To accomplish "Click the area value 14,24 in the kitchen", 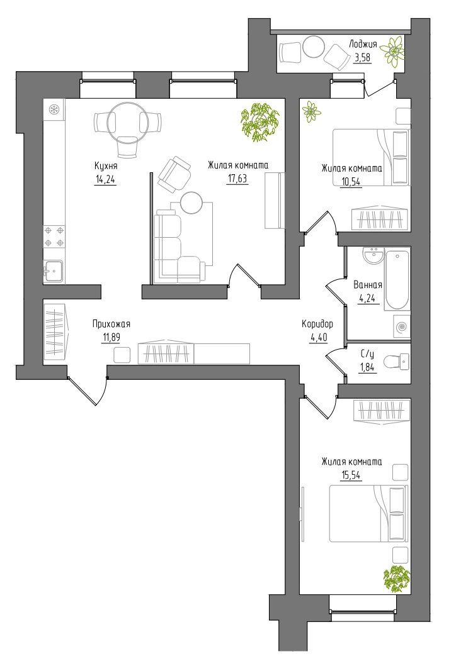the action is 105,180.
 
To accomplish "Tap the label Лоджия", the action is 363,43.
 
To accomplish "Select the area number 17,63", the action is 237,179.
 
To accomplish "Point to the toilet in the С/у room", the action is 397,362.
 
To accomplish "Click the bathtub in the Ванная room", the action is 397,281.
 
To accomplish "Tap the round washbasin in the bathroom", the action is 373,256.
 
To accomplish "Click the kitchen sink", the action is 54,271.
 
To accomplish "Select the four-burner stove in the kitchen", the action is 54,236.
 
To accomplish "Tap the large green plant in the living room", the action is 259,122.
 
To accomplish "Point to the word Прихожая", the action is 111,324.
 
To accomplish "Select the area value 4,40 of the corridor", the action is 319,338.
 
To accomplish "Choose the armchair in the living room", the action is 174,174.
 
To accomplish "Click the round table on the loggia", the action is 314,47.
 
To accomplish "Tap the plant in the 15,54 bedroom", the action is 397,579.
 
